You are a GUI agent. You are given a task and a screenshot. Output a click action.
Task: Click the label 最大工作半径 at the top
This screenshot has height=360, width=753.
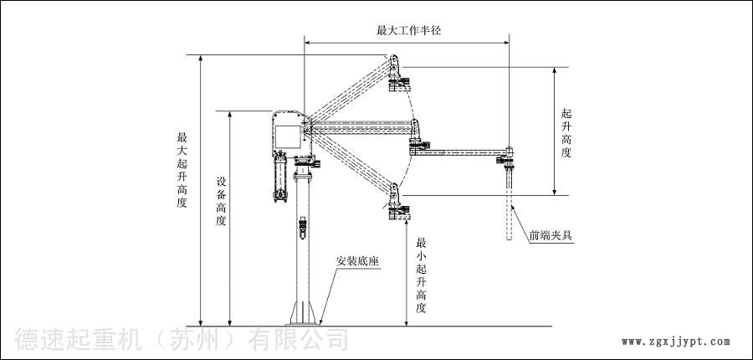408,29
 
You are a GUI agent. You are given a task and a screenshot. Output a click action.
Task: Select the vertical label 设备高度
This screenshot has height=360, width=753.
221,201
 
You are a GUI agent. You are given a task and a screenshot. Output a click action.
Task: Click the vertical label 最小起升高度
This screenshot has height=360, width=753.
421,272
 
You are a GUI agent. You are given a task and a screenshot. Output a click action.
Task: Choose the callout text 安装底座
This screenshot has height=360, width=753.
358,260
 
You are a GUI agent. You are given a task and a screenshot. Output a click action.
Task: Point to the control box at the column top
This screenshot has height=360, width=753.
289,134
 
